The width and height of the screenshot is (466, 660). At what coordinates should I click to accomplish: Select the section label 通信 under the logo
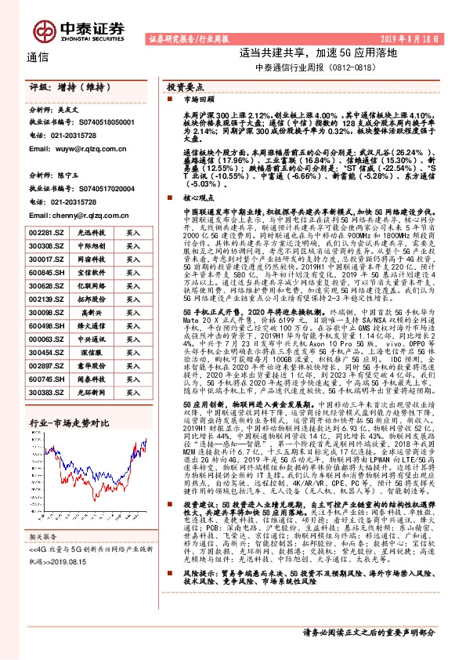coord(38,56)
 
